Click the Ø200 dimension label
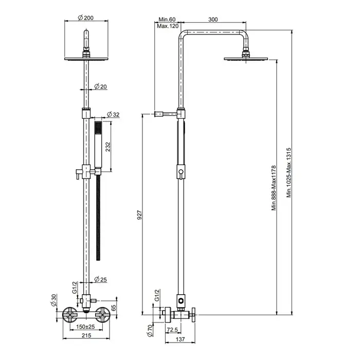(86, 17)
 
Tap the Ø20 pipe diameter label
(101, 86)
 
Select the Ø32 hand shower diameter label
(113, 114)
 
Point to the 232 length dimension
(107, 147)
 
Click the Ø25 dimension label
(101, 279)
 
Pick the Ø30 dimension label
(53, 300)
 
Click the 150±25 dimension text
(86, 327)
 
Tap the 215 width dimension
(86, 335)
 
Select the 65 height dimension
(114, 308)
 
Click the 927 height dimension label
(139, 215)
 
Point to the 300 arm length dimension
(213, 20)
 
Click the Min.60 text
(167, 20)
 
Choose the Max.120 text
(168, 26)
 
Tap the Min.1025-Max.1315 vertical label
(289, 172)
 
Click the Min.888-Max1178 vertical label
(274, 188)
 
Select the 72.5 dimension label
(172, 330)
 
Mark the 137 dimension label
(180, 339)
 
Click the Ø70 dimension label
(150, 330)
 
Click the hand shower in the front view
(98, 145)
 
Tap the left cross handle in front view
(70, 315)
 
